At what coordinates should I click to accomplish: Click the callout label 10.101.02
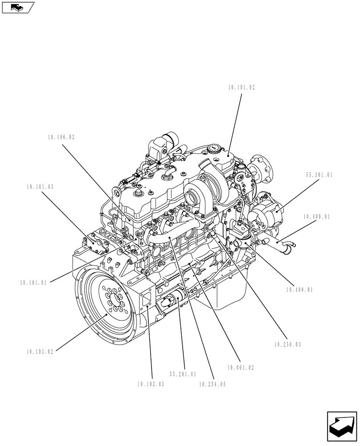(x=241, y=88)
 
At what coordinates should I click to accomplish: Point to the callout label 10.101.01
(x=33, y=282)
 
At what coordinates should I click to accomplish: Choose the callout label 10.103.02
(x=40, y=351)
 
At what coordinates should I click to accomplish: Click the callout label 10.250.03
(x=288, y=344)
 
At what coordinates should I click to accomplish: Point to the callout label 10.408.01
(x=299, y=289)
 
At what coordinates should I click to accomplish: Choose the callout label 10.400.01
(x=316, y=217)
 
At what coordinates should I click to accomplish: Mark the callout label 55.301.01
(x=319, y=175)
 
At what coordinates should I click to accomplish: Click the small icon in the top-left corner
(x=18, y=7)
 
